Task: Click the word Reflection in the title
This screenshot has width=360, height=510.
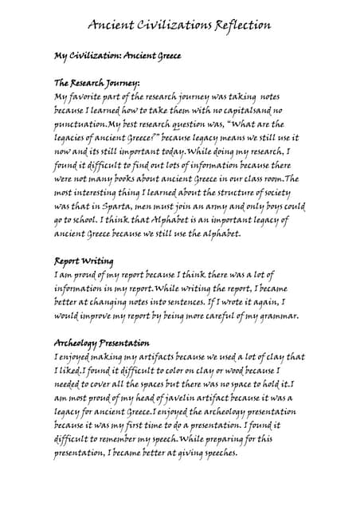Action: [x=237, y=25]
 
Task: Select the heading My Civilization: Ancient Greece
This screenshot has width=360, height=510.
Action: [x=118, y=57]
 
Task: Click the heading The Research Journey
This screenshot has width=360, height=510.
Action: [x=96, y=83]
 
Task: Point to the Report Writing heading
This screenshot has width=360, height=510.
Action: [x=84, y=261]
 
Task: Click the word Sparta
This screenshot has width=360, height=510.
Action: [x=120, y=206]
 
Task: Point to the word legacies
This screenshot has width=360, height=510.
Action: [x=74, y=137]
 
